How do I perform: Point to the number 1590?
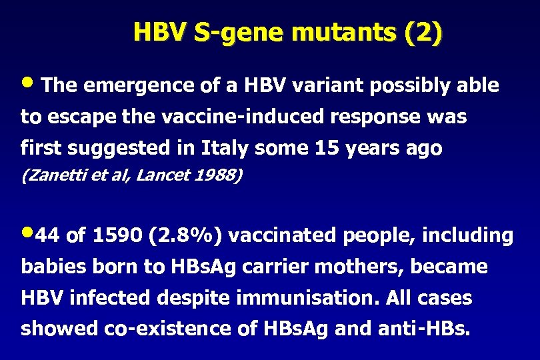tap(119, 235)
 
